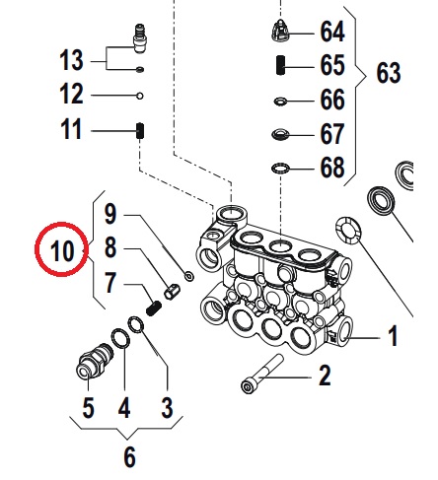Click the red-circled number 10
coord(62,250)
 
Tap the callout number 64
coord(332,32)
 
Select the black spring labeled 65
coord(280,65)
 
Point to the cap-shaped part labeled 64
coord(280,30)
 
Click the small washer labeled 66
coord(280,102)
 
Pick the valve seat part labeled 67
coord(280,134)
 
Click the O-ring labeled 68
coord(280,169)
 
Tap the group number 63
coord(389,73)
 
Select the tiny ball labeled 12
coord(140,96)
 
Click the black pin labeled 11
coord(140,131)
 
